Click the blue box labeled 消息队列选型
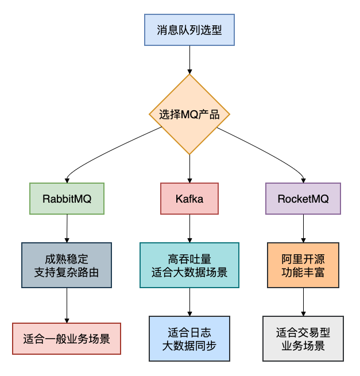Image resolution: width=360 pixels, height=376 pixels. pyautogui.click(x=189, y=30)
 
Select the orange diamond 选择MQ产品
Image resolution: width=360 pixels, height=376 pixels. pyautogui.click(x=189, y=114)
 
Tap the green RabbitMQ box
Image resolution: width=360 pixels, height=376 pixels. pyautogui.click(x=67, y=199)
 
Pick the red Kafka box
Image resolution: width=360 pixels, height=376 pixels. pyautogui.click(x=189, y=199)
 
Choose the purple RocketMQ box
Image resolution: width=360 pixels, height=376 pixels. pyautogui.click(x=303, y=199)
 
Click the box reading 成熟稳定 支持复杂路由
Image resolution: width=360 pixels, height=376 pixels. pyautogui.click(x=67, y=265)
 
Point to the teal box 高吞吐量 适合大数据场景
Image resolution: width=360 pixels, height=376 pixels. pyautogui.click(x=189, y=265)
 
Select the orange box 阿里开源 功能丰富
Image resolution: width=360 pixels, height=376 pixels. pyautogui.click(x=303, y=265)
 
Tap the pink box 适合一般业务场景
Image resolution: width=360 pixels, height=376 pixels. pyautogui.click(x=67, y=338)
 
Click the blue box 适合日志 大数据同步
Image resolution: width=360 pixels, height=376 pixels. pyautogui.click(x=189, y=339)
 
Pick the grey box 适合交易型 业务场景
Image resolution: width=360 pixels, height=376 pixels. pyautogui.click(x=303, y=339)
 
